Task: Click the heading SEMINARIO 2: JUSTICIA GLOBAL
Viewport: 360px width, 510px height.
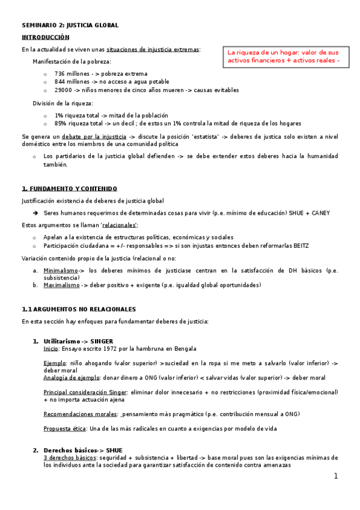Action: click(x=70, y=25)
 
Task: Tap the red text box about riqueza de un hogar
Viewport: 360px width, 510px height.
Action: click(x=284, y=56)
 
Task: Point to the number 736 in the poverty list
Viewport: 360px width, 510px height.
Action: click(x=59, y=73)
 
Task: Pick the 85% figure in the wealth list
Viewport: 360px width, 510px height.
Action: click(x=61, y=123)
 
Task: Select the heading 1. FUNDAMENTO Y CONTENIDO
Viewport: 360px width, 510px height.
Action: click(x=69, y=188)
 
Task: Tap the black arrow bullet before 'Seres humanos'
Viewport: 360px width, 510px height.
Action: click(x=35, y=213)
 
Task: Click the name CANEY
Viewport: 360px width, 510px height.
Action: click(x=319, y=213)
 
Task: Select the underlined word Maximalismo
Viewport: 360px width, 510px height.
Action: click(x=62, y=285)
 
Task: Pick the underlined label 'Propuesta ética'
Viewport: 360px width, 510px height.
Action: click(x=65, y=428)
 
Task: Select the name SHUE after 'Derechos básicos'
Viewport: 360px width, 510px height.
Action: click(x=114, y=450)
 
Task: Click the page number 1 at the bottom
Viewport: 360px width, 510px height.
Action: click(x=336, y=476)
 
